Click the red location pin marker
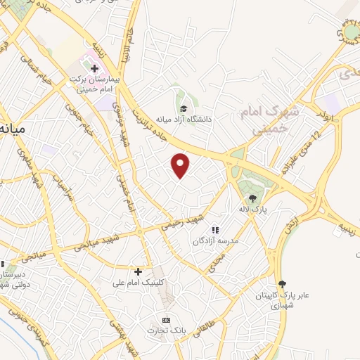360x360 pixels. pos(181,165)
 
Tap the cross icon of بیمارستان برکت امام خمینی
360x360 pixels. pos(94,68)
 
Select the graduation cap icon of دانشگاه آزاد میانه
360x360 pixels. pos(184,108)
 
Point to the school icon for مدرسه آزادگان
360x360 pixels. pos(215,230)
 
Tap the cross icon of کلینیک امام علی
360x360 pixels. pos(138,271)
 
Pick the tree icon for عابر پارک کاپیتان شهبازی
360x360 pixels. pos(282,284)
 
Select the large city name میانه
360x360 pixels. pos(13,129)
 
